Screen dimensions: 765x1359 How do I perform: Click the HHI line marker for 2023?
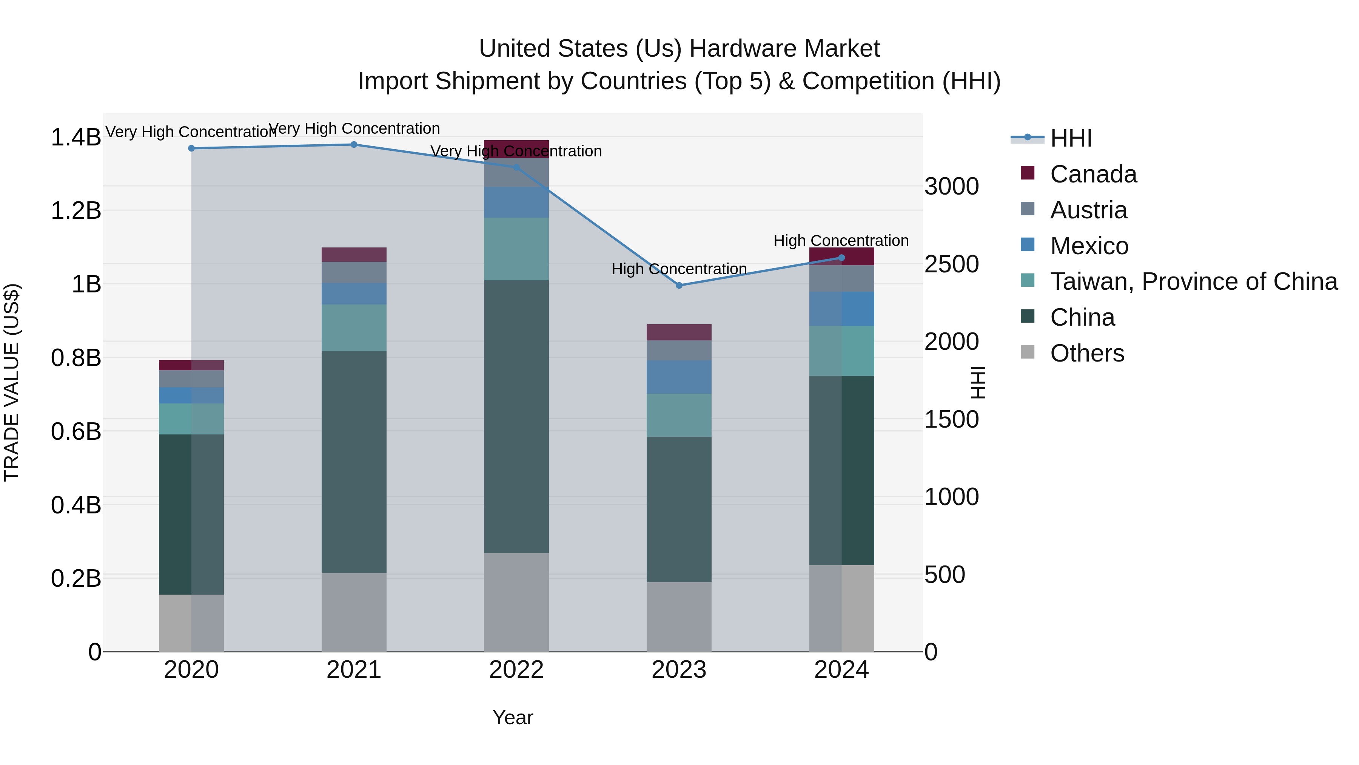click(x=679, y=285)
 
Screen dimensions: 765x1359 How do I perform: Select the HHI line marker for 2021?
click(x=354, y=145)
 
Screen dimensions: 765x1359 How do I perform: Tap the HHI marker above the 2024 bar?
click(x=841, y=258)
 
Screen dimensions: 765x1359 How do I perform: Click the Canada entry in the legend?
click(x=1093, y=174)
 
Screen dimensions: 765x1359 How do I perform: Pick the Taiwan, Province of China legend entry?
click(x=1193, y=281)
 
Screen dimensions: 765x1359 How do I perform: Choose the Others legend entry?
click(x=1087, y=353)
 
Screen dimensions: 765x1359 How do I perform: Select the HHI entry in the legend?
click(x=1071, y=138)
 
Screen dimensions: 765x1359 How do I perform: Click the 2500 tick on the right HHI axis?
click(x=951, y=264)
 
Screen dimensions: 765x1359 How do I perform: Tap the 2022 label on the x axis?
click(x=516, y=670)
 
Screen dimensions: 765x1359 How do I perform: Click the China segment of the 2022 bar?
click(x=516, y=417)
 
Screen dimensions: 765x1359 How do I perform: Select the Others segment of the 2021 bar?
click(x=354, y=612)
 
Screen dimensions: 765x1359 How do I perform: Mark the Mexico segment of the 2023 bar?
click(x=679, y=377)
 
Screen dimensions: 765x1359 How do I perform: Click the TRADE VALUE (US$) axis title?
click(x=12, y=382)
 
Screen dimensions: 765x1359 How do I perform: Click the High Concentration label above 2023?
click(x=679, y=269)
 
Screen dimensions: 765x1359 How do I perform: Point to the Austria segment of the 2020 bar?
click(x=191, y=379)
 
